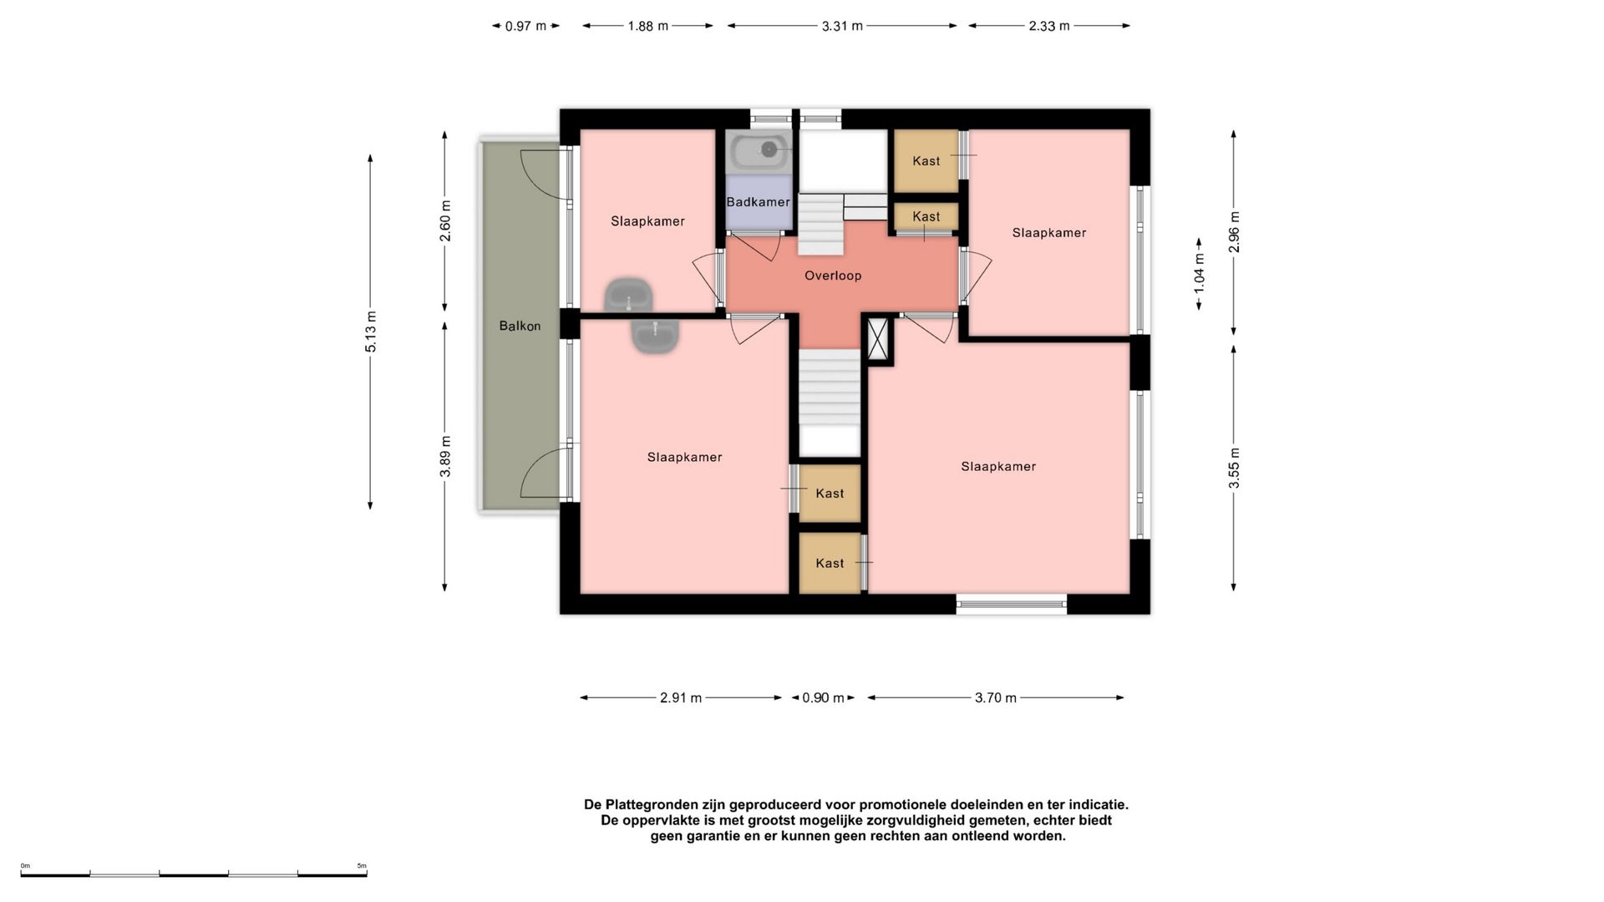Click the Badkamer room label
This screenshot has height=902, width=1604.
pos(758,202)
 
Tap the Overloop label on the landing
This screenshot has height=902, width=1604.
pos(833,276)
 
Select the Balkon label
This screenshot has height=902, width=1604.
pos(520,326)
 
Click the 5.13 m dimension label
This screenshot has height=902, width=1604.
pos(371,332)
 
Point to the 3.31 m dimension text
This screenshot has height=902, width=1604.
pos(842,26)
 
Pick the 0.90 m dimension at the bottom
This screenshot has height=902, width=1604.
pos(823,697)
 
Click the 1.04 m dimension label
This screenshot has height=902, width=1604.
pos(1200,273)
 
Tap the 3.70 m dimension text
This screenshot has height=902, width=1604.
pos(996,697)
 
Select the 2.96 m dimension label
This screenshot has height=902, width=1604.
pos(1235,232)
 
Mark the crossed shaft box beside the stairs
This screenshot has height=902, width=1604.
pos(878,339)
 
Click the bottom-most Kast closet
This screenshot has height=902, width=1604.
pos(830,563)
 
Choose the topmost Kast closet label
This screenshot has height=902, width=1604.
pos(926,161)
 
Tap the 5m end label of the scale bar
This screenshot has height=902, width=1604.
pos(362,866)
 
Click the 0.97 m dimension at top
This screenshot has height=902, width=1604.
pos(525,26)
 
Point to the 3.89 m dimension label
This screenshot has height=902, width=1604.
pos(446,457)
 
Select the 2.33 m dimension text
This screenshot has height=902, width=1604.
pos(1049,26)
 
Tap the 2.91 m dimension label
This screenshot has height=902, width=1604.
pos(681,697)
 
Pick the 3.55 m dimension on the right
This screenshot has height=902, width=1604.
pos(1235,469)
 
